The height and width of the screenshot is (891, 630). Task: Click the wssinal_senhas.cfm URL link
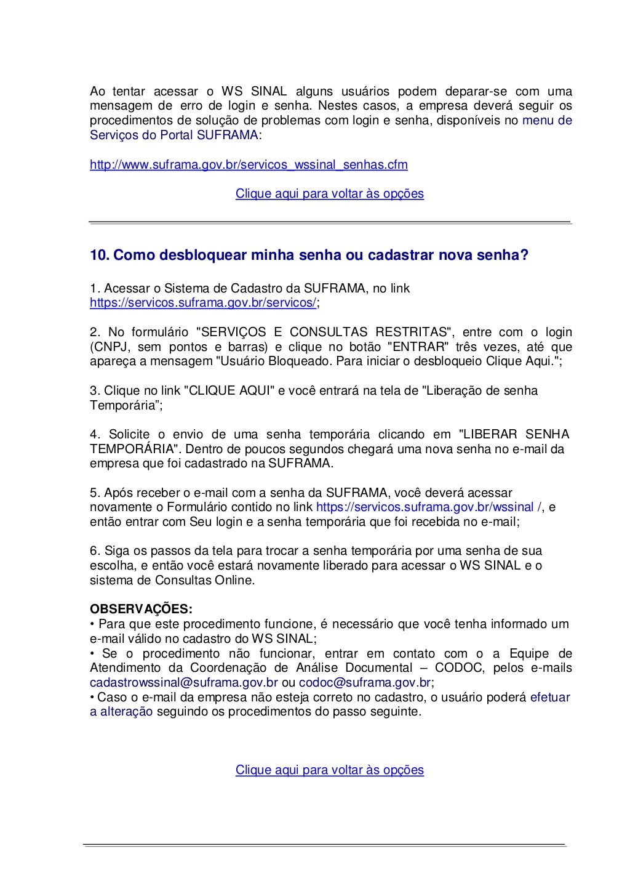[249, 165]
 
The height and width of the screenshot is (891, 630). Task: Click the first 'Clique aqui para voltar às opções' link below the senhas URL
[329, 193]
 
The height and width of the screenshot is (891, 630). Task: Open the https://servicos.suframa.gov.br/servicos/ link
[203, 303]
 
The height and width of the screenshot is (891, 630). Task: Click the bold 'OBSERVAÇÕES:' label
[142, 610]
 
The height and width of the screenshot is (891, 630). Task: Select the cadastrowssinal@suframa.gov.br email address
[184, 683]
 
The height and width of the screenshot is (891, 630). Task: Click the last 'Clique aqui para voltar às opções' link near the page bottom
[329, 770]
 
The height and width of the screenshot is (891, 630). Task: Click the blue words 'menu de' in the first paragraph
[547, 121]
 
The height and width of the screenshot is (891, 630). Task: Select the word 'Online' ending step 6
[233, 580]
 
